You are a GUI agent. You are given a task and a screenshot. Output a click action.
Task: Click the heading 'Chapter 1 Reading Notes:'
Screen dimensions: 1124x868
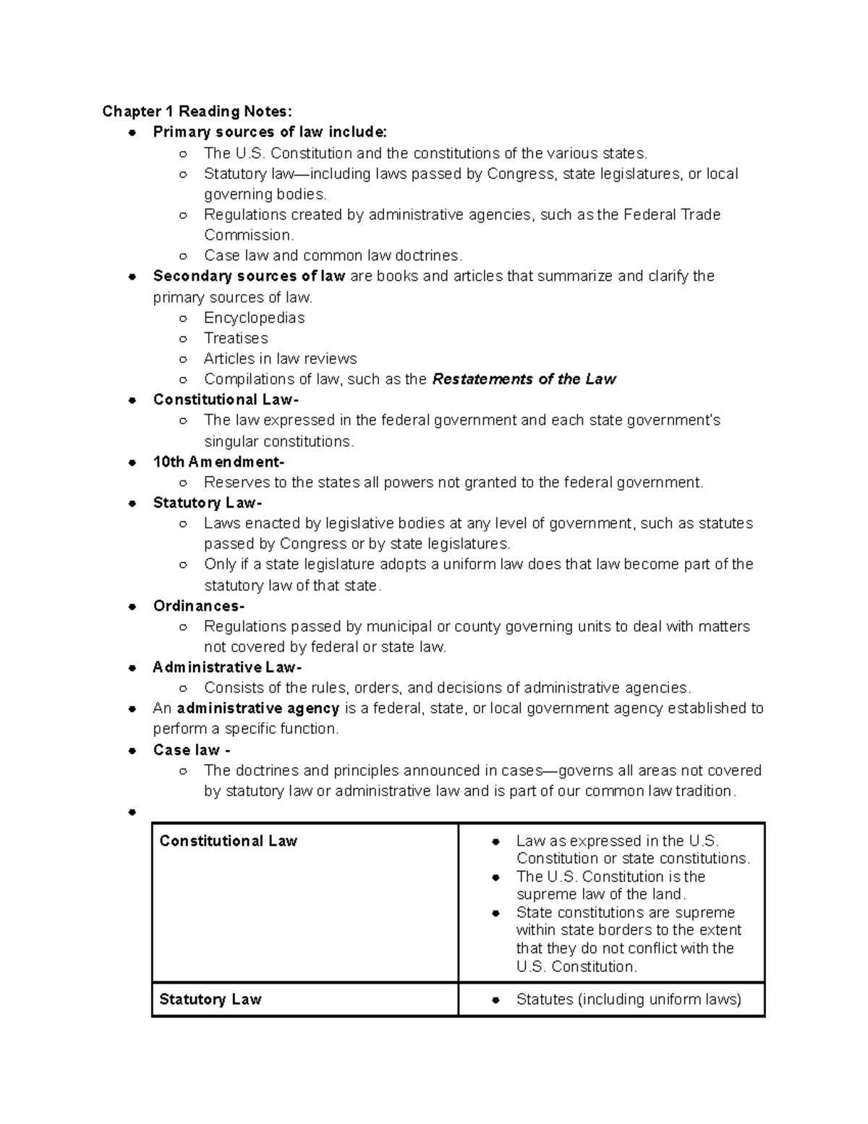(197, 111)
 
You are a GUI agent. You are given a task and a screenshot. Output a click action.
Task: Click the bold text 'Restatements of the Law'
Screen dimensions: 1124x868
(524, 379)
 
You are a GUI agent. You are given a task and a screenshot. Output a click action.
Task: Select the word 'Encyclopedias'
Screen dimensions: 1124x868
(254, 318)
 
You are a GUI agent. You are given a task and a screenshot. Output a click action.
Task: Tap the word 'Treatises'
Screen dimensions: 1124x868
(236, 338)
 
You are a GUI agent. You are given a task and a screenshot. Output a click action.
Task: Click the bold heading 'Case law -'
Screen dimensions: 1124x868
(192, 750)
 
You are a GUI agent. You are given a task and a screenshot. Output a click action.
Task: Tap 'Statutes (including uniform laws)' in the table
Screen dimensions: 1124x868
(629, 1000)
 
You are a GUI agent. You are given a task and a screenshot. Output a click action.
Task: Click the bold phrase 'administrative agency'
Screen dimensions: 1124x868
(258, 708)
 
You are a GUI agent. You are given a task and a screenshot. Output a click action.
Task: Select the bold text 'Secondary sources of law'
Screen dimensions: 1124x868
(249, 276)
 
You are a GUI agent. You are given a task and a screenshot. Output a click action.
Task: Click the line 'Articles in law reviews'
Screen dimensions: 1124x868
(280, 359)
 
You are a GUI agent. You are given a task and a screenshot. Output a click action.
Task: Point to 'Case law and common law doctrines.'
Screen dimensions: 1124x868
(333, 255)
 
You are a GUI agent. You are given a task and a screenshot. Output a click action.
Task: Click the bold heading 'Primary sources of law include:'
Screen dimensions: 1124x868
(270, 132)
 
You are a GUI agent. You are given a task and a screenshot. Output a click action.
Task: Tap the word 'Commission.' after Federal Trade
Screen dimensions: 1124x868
(249, 235)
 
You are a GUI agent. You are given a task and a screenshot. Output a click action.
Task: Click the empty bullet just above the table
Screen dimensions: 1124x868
(132, 813)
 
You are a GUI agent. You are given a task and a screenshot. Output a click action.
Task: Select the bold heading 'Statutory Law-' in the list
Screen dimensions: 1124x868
(208, 503)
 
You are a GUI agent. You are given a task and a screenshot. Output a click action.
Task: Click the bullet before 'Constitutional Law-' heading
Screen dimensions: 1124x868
(132, 400)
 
